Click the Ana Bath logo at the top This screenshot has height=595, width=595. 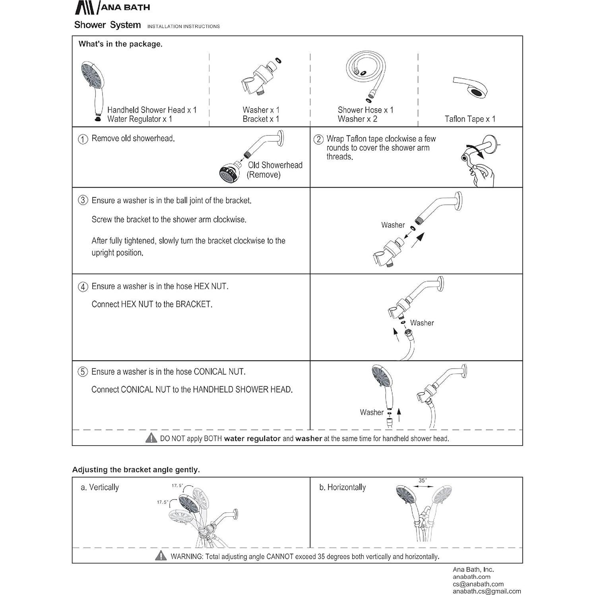(x=112, y=7)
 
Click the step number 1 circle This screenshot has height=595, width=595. (x=83, y=139)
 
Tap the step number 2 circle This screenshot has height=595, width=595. (x=318, y=140)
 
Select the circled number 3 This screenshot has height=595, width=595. (x=83, y=200)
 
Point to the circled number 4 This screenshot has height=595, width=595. (x=83, y=287)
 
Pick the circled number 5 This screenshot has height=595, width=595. (x=82, y=372)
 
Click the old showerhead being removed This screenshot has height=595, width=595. (x=230, y=173)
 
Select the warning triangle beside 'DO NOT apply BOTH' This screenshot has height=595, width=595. (x=151, y=438)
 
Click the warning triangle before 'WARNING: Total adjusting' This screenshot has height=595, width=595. (x=161, y=556)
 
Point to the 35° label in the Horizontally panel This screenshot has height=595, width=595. (x=423, y=481)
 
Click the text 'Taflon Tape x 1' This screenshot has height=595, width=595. (x=470, y=119)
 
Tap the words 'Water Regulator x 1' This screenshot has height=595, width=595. (x=140, y=119)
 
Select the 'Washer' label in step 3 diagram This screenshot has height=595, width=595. (x=393, y=225)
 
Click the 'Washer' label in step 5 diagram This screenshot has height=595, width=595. (x=372, y=413)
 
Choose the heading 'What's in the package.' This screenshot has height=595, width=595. (x=120, y=44)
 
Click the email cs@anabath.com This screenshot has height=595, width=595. (x=478, y=584)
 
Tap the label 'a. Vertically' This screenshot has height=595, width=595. (x=100, y=487)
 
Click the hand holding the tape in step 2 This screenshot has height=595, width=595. (x=483, y=175)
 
